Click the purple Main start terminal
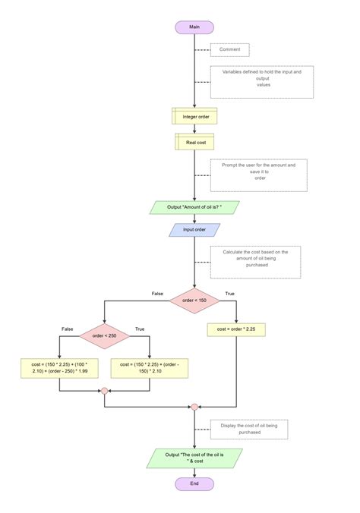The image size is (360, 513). (x=194, y=27)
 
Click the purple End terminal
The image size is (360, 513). (x=194, y=483)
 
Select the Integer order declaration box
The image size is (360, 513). (x=194, y=116)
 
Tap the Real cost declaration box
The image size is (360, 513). (x=194, y=142)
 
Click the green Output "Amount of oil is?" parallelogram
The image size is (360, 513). (x=194, y=207)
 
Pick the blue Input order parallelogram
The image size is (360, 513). (x=194, y=230)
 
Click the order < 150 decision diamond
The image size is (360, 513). (x=194, y=301)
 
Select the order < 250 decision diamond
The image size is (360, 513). (x=105, y=336)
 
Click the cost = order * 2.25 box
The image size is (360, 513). (x=236, y=330)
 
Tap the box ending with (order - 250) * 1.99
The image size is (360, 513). (x=59, y=368)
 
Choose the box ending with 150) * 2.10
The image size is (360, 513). (x=150, y=368)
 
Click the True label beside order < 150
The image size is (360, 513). (x=229, y=294)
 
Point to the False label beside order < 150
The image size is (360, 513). (x=157, y=294)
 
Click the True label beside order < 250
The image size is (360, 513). (x=140, y=329)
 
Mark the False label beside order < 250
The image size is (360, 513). (x=67, y=329)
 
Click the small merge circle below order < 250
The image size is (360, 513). (x=105, y=391)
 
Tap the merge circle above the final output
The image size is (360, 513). (x=194, y=407)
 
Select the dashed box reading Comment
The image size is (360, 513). (x=229, y=50)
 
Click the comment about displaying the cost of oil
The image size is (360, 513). (x=249, y=430)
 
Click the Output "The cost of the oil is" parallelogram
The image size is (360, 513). (x=194, y=458)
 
